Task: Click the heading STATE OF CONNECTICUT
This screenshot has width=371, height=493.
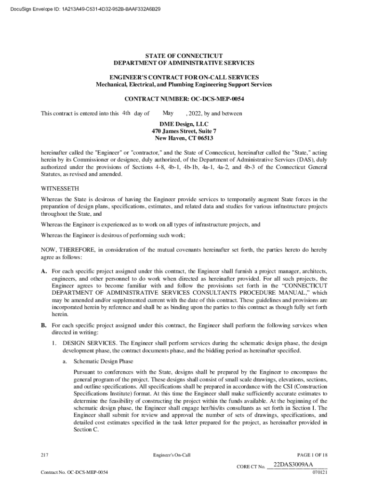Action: (x=184, y=56)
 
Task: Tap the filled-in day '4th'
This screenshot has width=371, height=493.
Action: (x=126, y=113)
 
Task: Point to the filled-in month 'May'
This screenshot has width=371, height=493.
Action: (x=168, y=113)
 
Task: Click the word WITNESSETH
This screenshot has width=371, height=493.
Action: (x=60, y=189)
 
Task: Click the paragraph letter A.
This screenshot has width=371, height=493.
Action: (x=43, y=272)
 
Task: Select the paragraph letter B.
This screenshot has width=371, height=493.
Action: (x=43, y=325)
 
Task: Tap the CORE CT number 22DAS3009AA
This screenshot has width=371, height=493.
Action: (x=293, y=465)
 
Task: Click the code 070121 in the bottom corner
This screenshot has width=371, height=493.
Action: (x=320, y=472)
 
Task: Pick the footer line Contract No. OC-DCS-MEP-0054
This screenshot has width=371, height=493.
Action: (x=74, y=472)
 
